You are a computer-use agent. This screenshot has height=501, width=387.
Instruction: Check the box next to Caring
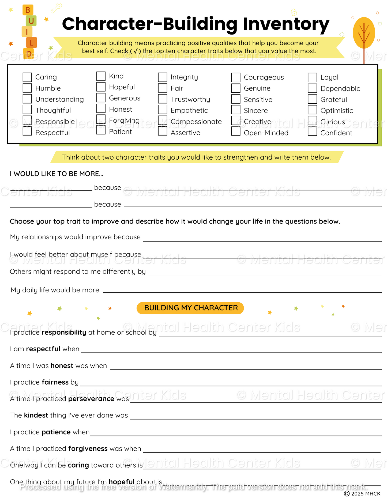click(x=27, y=77)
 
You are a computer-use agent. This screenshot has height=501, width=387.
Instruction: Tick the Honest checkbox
click(x=101, y=108)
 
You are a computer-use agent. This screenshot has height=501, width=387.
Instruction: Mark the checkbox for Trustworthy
click(x=163, y=99)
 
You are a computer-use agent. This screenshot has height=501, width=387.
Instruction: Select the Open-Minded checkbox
click(x=236, y=131)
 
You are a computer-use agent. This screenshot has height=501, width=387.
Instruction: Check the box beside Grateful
click(x=312, y=99)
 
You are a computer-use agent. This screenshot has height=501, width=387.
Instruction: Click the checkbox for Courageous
click(x=236, y=77)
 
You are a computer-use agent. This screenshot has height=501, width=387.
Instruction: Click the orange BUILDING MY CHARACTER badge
click(x=190, y=308)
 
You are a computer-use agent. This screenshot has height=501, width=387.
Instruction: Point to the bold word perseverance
click(x=91, y=399)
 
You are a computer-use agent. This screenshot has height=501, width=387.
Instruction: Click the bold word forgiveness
click(x=88, y=449)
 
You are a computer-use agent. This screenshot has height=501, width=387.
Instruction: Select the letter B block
click(x=28, y=10)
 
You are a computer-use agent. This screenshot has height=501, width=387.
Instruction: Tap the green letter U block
click(x=31, y=21)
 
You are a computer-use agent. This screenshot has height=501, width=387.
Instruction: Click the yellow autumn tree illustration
click(x=364, y=33)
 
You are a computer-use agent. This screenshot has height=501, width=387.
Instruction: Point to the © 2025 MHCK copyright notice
click(x=362, y=494)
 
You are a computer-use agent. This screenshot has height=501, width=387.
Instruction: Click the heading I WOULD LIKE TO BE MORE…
click(x=56, y=174)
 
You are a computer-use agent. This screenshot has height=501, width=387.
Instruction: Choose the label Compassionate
click(x=196, y=122)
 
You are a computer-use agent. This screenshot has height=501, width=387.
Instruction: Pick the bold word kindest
click(x=36, y=415)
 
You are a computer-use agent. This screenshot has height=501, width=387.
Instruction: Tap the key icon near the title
click(x=57, y=8)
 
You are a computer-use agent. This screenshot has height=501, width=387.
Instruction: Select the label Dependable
click(x=340, y=88)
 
